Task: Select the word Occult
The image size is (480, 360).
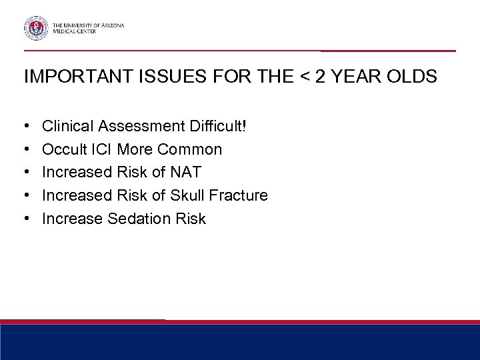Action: click(x=62, y=149)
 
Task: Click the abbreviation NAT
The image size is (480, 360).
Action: click(x=186, y=172)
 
